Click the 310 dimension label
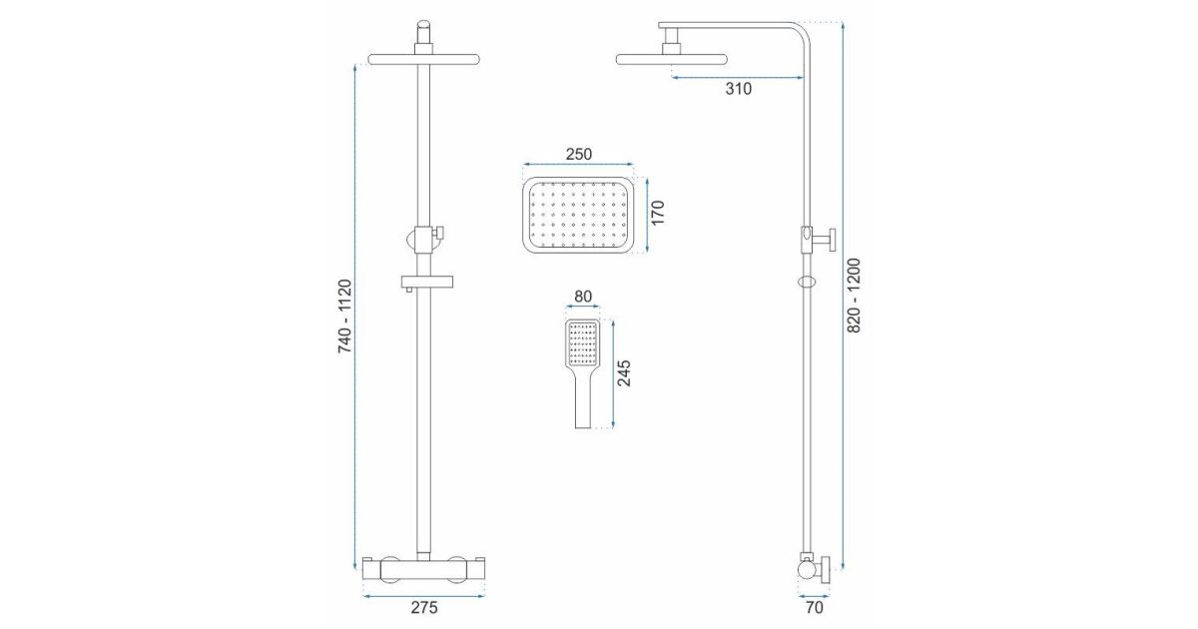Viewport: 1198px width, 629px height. click(738, 89)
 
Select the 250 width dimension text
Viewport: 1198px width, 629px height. click(579, 154)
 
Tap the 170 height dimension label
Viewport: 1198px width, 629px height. click(657, 213)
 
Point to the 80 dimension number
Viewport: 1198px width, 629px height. click(582, 297)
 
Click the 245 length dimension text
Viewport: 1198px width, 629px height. click(624, 372)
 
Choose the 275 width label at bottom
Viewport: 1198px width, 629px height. click(424, 608)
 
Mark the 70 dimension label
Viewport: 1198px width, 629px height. click(814, 608)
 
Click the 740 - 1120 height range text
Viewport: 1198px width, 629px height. click(345, 316)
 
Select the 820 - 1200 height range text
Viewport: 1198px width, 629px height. click(855, 296)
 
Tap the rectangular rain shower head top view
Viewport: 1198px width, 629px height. click(578, 215)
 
